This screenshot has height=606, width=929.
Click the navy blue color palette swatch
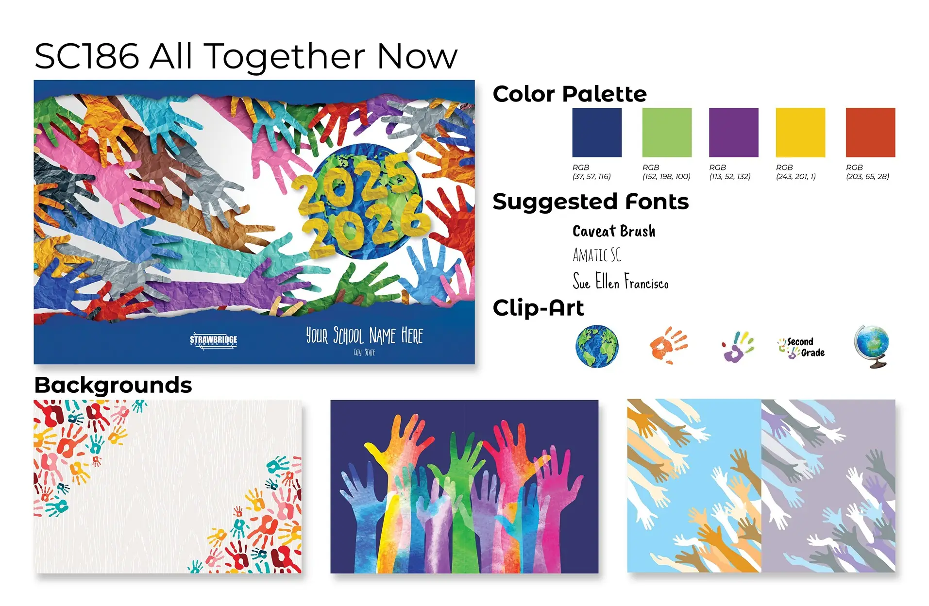coord(596,133)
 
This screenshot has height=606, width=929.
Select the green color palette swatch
coord(667,133)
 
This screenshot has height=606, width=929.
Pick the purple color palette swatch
coord(733,133)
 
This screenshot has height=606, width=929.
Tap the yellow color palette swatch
coord(800,133)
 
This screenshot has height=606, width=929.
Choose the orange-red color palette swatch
coord(870,133)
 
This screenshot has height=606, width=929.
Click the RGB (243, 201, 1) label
coord(795,172)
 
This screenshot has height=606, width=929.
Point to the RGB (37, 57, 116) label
coord(591,172)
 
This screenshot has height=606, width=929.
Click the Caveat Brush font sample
coord(614,231)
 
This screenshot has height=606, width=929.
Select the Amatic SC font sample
coord(597,255)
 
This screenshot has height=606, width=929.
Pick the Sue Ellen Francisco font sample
coord(621,281)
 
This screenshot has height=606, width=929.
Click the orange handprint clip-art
coord(668,345)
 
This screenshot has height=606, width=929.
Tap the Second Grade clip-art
coord(801,348)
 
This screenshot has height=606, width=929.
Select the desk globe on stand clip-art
coord(872,346)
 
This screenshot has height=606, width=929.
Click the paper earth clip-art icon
coord(597,346)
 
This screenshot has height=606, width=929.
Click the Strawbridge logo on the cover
coord(214,340)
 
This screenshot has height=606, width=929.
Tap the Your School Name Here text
coord(364,336)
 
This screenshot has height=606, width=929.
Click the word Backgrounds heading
coord(113,385)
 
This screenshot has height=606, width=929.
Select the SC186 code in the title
coord(87,56)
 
